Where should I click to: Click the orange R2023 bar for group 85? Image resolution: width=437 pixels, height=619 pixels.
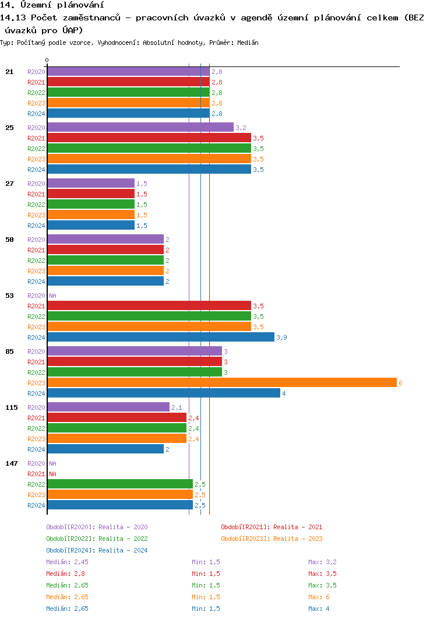pos(221,382)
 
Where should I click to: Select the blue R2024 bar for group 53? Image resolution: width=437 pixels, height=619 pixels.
pos(160,337)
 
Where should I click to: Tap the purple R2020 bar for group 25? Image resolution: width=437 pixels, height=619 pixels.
pos(140,127)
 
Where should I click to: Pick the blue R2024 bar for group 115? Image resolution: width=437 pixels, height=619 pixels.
pos(105,449)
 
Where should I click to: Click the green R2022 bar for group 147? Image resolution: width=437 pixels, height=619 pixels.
pos(119,484)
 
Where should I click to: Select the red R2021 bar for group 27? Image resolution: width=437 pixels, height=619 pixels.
pos(90,194)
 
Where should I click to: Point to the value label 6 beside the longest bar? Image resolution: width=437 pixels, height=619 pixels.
pos(400,383)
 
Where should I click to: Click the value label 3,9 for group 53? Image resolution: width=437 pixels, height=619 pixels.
pos(281,337)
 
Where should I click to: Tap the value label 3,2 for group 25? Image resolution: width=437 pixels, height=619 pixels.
pos(241,128)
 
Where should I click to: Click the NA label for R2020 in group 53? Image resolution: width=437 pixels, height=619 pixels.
pos(52,296)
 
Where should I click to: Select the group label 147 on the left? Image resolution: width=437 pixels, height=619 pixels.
pos(12,463)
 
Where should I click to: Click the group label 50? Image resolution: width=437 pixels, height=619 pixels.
pos(9,239)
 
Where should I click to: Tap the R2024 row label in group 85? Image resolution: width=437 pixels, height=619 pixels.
pos(36,393)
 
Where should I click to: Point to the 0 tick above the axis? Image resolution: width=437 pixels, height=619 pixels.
pos(47,60)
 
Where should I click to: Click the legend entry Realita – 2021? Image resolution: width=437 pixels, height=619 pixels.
pos(272,527)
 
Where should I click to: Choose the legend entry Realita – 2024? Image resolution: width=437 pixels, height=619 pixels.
pos(97,550)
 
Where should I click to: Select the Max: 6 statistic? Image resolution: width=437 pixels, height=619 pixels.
pos(319,597)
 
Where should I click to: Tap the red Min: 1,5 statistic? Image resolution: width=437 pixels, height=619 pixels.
pos(206,574)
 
